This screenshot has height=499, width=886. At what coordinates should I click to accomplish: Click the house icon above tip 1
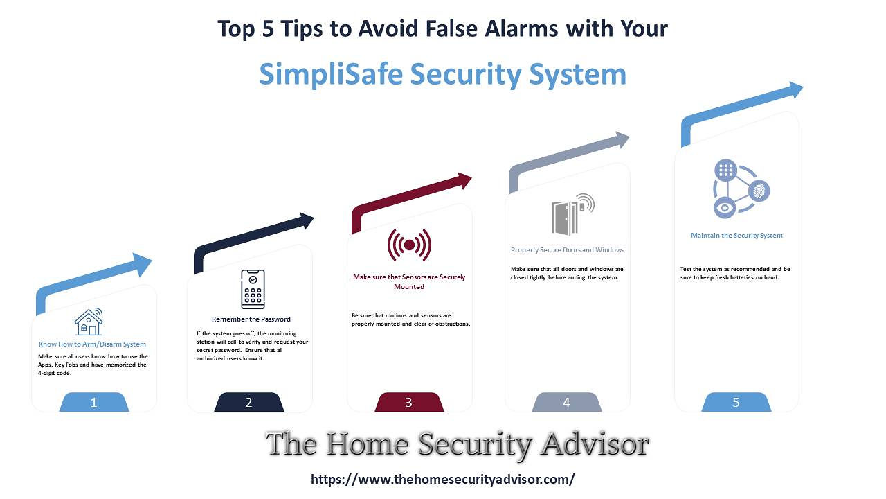point(89,322)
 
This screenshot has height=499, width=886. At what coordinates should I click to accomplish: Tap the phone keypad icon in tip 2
point(253,289)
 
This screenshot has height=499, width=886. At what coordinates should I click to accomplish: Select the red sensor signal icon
point(409,245)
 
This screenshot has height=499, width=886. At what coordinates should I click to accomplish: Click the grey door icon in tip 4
point(573,214)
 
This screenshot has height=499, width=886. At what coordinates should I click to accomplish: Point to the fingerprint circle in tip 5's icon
point(759,191)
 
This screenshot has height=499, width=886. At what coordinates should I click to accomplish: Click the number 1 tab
point(94,402)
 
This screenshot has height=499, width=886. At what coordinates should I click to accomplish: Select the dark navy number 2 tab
point(249,402)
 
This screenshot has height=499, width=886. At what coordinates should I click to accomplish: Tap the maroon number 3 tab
point(409,402)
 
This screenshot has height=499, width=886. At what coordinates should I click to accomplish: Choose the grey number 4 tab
point(567,402)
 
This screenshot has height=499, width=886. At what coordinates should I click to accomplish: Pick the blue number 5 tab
point(736,402)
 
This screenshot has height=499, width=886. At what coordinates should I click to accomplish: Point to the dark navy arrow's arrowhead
point(306,220)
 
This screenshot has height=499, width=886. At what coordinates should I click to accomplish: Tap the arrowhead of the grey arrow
point(622,140)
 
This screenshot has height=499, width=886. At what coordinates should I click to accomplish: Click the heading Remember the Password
point(251,319)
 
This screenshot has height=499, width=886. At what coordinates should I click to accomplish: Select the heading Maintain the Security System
point(736,235)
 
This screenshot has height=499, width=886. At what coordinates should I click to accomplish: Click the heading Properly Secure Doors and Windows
point(567,250)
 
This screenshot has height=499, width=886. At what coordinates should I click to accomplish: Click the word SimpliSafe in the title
point(331,74)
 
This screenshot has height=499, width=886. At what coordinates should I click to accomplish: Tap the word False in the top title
point(451,29)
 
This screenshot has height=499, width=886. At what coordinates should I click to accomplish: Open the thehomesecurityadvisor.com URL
point(443,479)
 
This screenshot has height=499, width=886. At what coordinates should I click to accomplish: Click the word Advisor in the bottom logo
point(595,444)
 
